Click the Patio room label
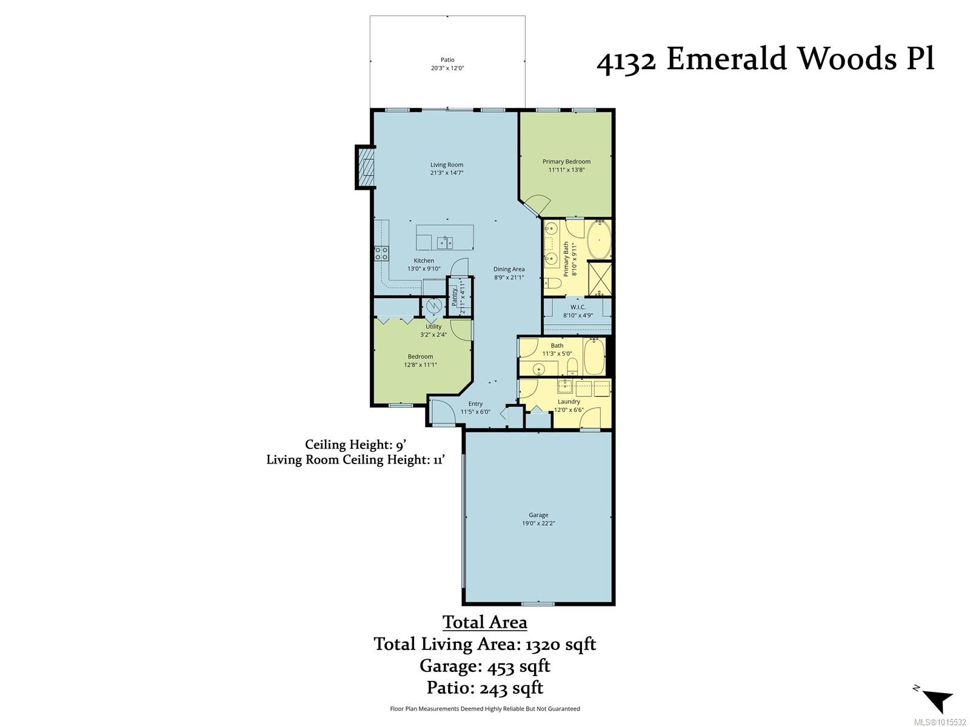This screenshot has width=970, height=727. pyautogui.click(x=447, y=60)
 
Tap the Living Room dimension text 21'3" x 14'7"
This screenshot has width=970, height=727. pyautogui.click(x=447, y=173)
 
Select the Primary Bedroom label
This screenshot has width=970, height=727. pyautogui.click(x=566, y=161)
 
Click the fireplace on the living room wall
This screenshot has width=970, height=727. pyautogui.click(x=365, y=168)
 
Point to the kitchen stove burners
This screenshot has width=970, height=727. pyautogui.click(x=381, y=253)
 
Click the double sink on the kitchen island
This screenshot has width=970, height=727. pyautogui.click(x=445, y=243)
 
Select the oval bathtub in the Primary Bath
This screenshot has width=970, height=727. pyautogui.click(x=599, y=241)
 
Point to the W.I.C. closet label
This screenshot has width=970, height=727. pyautogui.click(x=578, y=307)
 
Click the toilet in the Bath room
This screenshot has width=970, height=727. pyautogui.click(x=571, y=365)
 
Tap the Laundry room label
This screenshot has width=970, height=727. pyautogui.click(x=569, y=401)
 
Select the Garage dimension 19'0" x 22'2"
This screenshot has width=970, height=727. pyautogui.click(x=538, y=523)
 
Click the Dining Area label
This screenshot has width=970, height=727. pyautogui.click(x=509, y=269)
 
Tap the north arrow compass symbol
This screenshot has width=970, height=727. pyautogui.click(x=937, y=700)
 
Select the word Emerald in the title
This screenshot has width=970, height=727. pyautogui.click(x=725, y=59)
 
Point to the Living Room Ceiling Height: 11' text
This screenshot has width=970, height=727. pyautogui.click(x=356, y=460)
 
